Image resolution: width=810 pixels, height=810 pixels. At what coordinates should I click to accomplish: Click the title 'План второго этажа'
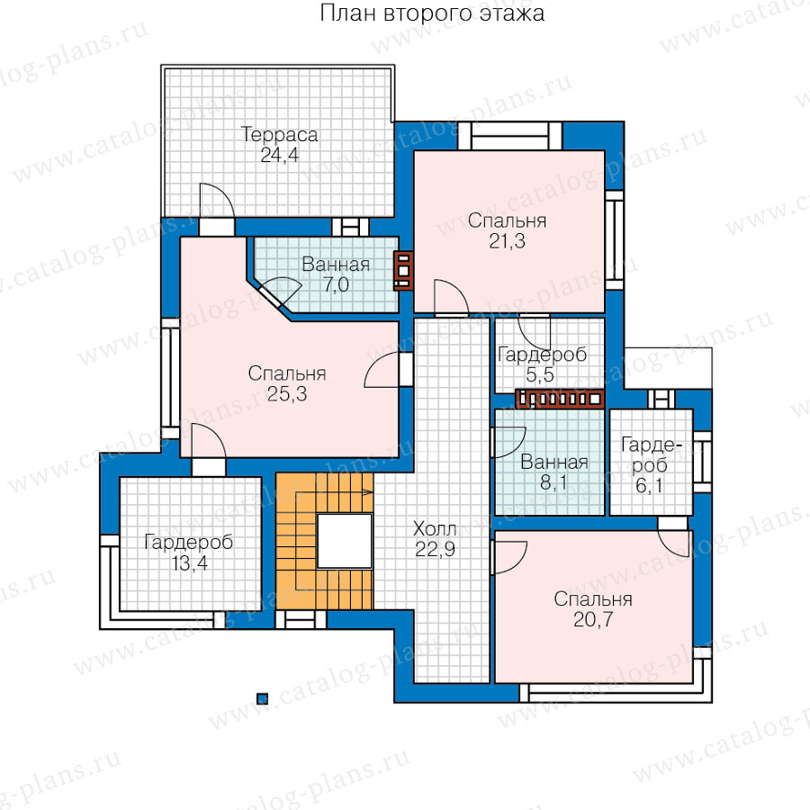coord(432,13)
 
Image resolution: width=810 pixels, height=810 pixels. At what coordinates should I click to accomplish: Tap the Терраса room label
coord(280,135)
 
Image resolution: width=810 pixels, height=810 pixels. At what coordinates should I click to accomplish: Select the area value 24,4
coord(280,155)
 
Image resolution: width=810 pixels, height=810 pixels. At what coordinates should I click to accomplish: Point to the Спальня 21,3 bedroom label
coord(507,231)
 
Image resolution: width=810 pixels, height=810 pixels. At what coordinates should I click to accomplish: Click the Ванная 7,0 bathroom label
coord(336,274)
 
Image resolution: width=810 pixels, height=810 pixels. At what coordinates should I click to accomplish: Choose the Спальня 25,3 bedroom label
coord(287,383)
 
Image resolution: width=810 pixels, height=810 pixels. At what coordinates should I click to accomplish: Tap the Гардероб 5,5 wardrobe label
coord(542,364)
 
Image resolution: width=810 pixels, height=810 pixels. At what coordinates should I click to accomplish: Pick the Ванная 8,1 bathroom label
coord(553,472)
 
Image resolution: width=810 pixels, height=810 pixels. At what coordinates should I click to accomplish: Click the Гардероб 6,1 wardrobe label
coord(650,465)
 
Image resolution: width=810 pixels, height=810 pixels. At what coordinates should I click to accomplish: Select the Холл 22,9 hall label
coord(435,539)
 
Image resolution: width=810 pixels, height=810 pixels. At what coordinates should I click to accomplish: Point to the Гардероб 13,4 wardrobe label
coord(189,553)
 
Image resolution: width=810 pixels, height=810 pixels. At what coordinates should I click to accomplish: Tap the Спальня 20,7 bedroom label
coord(593,609)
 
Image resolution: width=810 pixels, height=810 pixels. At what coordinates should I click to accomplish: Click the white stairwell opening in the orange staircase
coord(344,541)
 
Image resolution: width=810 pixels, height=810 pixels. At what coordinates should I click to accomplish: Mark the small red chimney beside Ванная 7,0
coord(403,270)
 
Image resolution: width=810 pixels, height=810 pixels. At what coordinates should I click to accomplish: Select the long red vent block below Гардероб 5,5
coord(560,399)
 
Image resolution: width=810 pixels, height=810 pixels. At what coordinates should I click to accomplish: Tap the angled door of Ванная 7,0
coord(277,292)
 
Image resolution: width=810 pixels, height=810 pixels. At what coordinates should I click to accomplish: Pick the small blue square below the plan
coord(263,699)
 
